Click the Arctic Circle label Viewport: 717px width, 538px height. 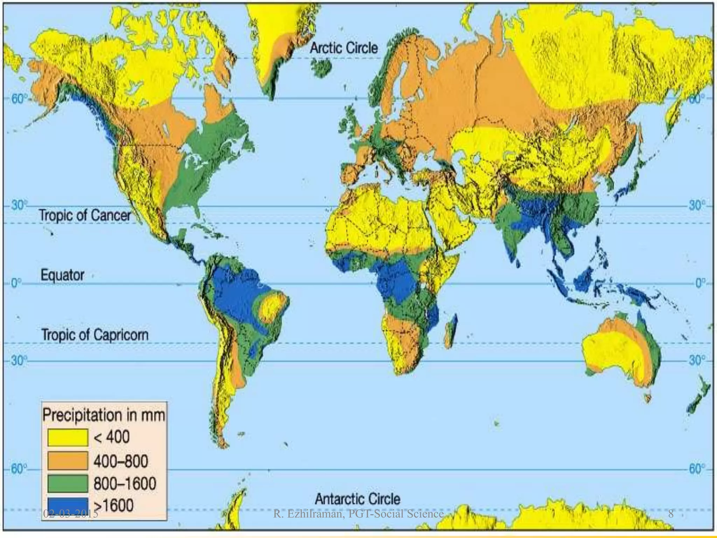[x=344, y=48]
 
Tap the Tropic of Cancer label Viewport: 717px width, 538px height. [x=85, y=215]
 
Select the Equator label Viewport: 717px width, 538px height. [x=62, y=275]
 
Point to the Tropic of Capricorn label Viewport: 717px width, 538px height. [x=95, y=335]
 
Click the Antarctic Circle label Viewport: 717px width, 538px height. [x=357, y=499]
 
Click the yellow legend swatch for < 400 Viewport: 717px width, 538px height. [x=68, y=437]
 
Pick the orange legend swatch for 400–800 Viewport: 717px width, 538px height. [x=68, y=461]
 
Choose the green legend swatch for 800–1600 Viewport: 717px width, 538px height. [x=68, y=484]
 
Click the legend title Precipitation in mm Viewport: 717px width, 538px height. [x=104, y=415]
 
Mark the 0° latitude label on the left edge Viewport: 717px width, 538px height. [x=15, y=283]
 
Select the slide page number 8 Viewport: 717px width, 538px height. [x=670, y=514]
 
